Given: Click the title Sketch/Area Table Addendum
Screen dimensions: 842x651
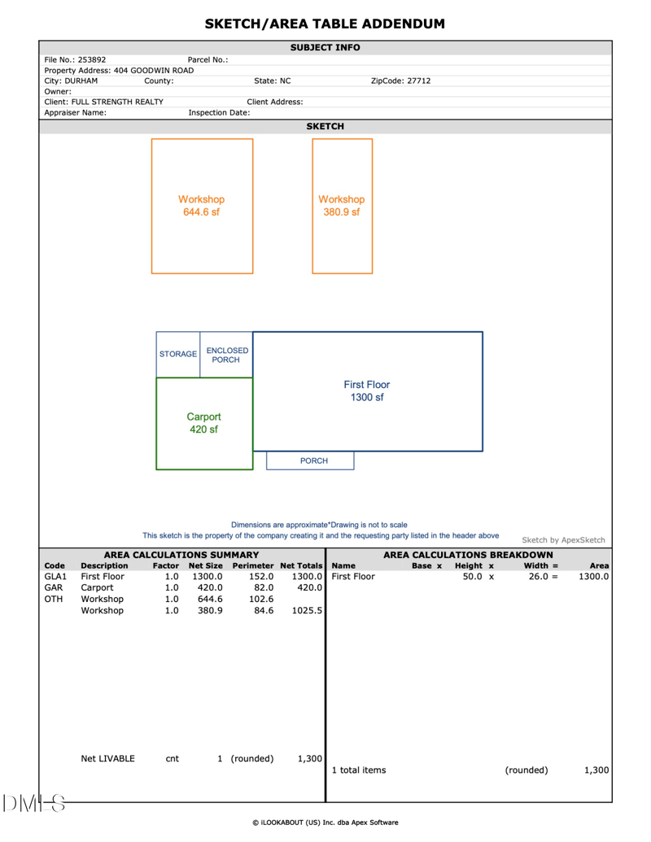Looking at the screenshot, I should click(x=325, y=24).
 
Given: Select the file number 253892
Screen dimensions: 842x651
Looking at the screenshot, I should click(x=92, y=59).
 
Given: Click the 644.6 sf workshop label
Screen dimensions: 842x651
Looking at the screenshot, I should click(x=201, y=206).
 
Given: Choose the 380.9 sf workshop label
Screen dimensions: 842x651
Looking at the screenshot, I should click(x=342, y=206).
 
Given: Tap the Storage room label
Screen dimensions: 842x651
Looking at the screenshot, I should click(x=177, y=354).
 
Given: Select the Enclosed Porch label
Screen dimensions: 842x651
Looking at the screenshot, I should click(x=226, y=355).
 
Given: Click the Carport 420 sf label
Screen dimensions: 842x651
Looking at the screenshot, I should click(x=203, y=423).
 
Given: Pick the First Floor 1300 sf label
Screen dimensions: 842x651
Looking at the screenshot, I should click(x=366, y=391).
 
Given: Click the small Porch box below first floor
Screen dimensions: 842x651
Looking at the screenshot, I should click(x=313, y=460).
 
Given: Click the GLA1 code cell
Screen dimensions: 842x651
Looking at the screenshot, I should click(x=55, y=577).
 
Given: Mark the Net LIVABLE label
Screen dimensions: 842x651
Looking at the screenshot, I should click(x=108, y=759).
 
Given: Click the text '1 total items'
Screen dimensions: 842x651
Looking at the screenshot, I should click(x=359, y=770).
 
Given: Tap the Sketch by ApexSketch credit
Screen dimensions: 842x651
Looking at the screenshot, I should click(x=563, y=539).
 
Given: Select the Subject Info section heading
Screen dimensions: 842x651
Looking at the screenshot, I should click(x=325, y=48).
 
